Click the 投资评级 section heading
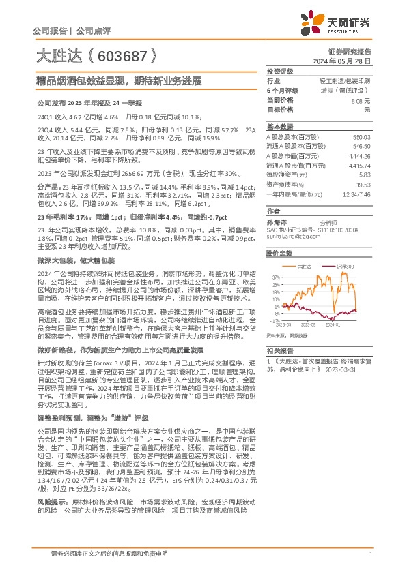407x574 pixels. point(279,71)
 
